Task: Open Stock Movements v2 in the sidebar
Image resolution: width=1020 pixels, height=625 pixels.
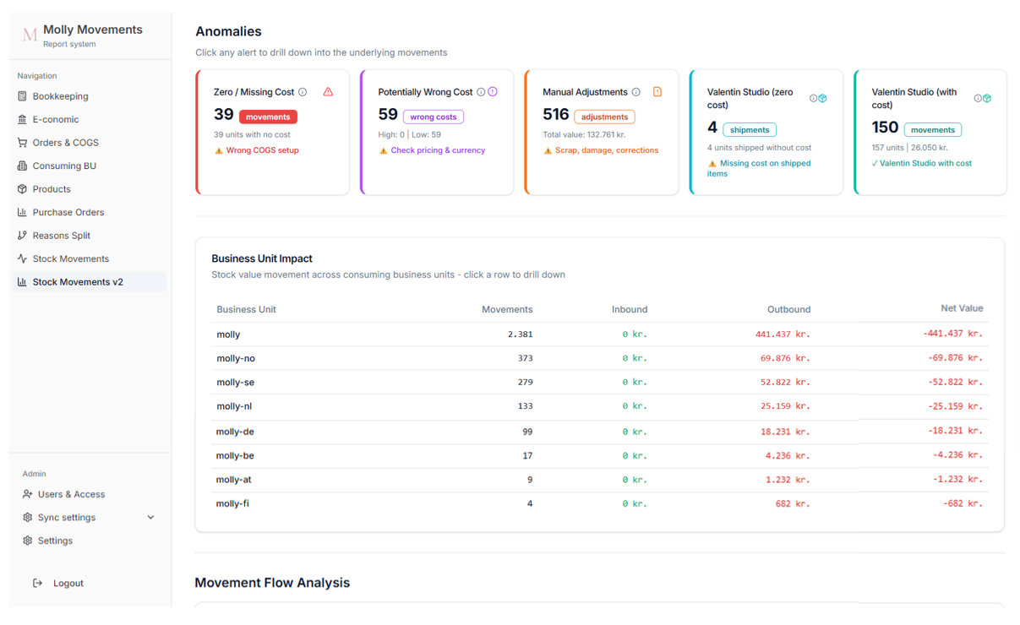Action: tap(78, 282)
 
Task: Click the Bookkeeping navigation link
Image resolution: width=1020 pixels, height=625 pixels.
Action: tap(60, 96)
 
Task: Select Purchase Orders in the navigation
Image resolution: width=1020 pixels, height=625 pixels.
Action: tap(68, 212)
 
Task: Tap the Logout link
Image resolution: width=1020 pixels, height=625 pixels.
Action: tap(68, 583)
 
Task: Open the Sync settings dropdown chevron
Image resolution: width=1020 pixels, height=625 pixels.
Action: tap(150, 518)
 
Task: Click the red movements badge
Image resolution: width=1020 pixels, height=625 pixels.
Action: tap(268, 117)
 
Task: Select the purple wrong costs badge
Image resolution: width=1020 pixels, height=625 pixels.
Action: tap(433, 117)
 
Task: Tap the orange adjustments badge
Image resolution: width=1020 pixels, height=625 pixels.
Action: tap(604, 117)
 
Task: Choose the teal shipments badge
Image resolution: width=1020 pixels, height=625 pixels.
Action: tap(750, 130)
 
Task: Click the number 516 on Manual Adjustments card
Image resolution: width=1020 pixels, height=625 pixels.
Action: tap(555, 115)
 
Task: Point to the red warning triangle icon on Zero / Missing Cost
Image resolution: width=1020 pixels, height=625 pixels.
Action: tap(328, 92)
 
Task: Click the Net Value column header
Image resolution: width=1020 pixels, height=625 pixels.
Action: tap(962, 308)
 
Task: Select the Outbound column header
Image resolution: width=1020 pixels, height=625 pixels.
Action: tap(788, 309)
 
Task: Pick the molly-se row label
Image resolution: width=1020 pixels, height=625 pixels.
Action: tap(235, 383)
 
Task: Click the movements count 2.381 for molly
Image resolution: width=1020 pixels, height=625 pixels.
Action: tap(520, 334)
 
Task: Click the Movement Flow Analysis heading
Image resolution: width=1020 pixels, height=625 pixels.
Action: tap(272, 583)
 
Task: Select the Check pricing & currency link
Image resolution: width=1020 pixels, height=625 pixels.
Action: tap(438, 150)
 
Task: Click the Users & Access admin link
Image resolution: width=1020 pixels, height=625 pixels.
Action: tap(71, 494)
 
